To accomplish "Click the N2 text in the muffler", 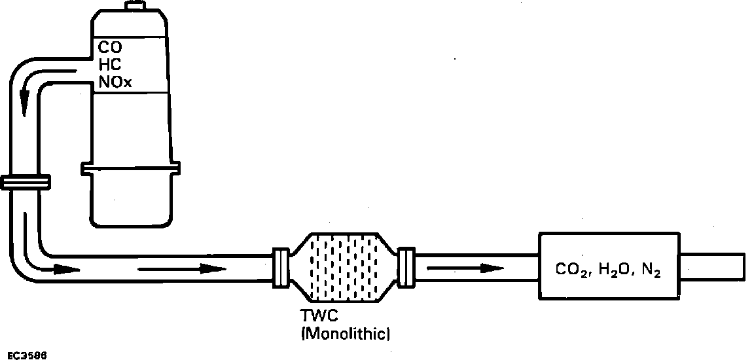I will pyautogui.click(x=649, y=270).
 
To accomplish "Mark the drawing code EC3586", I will pyautogui.click(x=24, y=355).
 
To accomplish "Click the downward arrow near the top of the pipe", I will pyautogui.click(x=25, y=99).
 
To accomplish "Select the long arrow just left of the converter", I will pyautogui.click(x=183, y=268).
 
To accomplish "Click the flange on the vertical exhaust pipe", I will pyautogui.click(x=26, y=183).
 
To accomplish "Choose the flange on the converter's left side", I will pyautogui.click(x=280, y=267).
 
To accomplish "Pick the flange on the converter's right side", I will pyautogui.click(x=406, y=267).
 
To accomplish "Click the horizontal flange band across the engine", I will pyautogui.click(x=132, y=169).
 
